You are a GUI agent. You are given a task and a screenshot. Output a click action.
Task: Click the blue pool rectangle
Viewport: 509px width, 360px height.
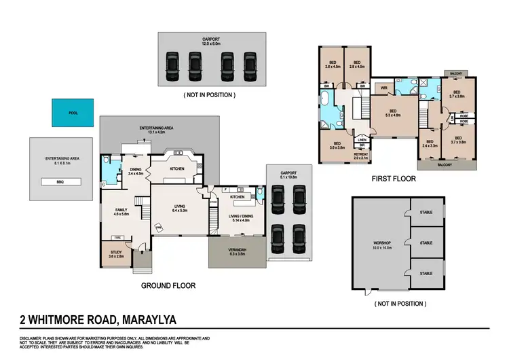point(73,113)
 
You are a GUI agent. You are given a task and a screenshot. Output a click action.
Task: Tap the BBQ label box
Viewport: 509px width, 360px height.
point(62,182)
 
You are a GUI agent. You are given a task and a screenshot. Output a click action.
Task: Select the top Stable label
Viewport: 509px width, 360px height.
point(426,212)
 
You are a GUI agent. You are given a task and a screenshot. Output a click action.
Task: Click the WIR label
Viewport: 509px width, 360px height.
point(383,88)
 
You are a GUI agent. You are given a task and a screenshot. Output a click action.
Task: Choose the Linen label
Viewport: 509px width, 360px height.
point(362,139)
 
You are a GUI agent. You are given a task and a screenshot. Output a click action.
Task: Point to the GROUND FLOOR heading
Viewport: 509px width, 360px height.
point(168,286)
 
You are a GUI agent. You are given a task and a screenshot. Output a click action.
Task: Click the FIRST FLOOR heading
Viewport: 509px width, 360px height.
point(393,179)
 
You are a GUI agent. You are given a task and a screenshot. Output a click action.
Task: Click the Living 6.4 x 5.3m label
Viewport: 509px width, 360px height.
point(180,209)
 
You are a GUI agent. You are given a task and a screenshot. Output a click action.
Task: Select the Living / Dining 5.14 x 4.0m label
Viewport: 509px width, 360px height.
point(237,219)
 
